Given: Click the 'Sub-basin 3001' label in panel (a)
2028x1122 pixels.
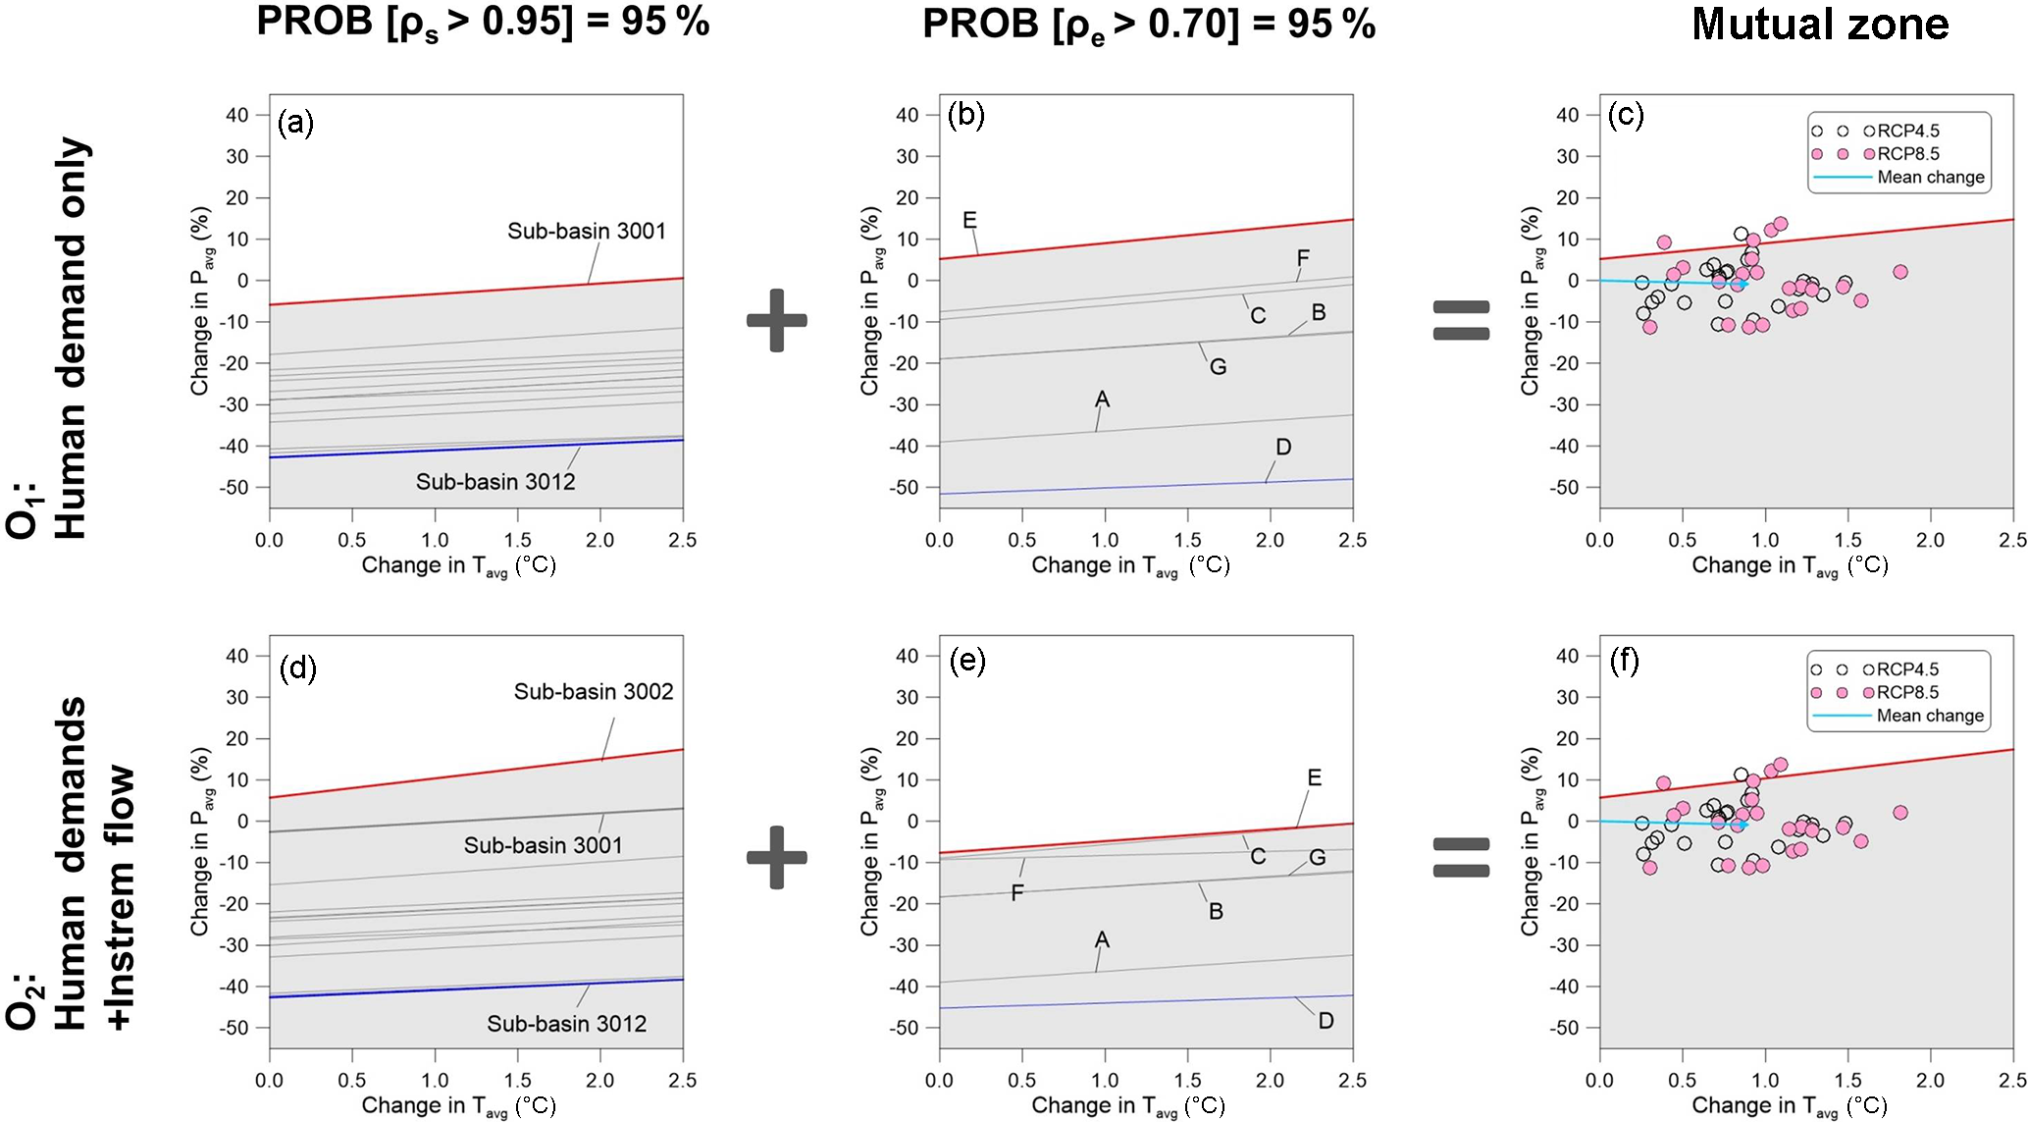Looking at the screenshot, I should coord(586,231).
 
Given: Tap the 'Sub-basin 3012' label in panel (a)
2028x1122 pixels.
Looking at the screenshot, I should coord(495,481).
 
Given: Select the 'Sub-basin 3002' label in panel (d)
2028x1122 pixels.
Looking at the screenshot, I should coord(594,691).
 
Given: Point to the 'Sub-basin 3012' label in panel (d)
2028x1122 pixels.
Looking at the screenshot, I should coord(567,1024).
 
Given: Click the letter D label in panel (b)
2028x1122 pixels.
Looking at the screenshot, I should coord(1283,447).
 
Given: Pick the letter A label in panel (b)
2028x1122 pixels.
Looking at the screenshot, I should coord(1102,399).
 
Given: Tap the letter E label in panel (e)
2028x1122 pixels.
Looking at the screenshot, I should coord(1315,777).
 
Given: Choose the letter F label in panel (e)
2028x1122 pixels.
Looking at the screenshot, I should coord(1017,892).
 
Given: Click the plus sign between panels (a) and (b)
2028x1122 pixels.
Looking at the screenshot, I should coord(777,320).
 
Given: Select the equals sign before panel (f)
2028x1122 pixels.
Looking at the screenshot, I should coord(1461,857).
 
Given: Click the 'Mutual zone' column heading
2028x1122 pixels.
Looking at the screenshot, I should coord(1820,24).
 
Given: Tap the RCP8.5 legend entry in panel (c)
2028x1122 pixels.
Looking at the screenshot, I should coord(1907,154).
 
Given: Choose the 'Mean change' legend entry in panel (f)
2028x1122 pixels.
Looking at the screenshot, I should coord(1930,716).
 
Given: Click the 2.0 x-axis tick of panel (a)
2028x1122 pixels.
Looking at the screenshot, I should coord(600,540).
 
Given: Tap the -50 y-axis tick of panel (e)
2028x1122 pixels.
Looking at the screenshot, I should coord(907,1028).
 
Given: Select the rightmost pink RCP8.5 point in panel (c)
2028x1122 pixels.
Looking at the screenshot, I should coord(1900,272).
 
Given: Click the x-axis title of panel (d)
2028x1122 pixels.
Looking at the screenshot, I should coord(458,1105).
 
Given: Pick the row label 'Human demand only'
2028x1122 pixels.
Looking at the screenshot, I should coord(71,339).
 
